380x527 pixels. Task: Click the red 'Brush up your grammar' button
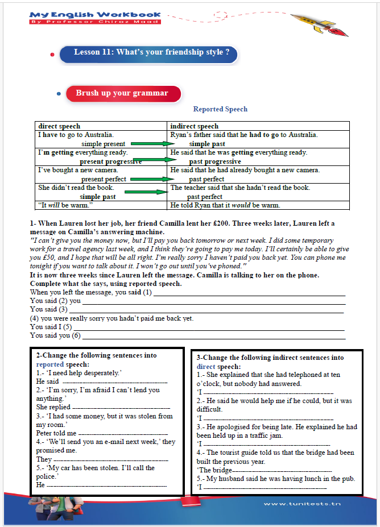click(x=122, y=93)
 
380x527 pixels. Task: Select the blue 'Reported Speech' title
click(x=220, y=109)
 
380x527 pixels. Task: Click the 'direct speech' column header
click(x=59, y=126)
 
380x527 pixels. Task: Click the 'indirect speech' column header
click(x=194, y=126)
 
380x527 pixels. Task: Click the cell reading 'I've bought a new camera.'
click(x=78, y=170)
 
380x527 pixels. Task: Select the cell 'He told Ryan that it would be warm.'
click(x=225, y=205)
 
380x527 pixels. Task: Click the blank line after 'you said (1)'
click(x=250, y=293)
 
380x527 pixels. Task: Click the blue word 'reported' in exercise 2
click(x=50, y=364)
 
